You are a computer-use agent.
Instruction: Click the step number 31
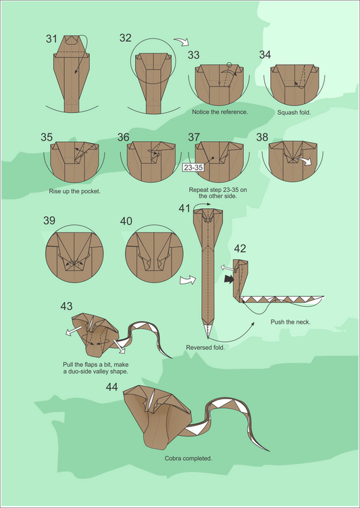click(x=51, y=39)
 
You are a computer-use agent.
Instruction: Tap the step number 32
click(x=126, y=38)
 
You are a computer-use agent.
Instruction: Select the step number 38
click(x=262, y=137)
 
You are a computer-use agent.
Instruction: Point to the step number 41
click(x=184, y=208)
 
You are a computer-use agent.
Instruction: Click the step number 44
click(x=112, y=387)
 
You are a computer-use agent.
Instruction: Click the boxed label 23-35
click(x=193, y=168)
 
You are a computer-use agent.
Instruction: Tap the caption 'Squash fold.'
click(x=294, y=113)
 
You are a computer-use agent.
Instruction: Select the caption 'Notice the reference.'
click(x=220, y=111)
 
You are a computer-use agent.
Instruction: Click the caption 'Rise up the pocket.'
click(x=75, y=191)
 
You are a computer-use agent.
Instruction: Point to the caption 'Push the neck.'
click(x=290, y=322)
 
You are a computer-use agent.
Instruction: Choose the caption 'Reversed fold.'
click(x=205, y=348)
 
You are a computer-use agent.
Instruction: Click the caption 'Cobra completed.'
click(x=188, y=459)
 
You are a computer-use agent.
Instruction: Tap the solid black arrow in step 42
click(x=229, y=279)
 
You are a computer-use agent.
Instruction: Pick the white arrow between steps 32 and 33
click(x=182, y=42)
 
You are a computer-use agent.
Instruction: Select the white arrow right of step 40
click(x=188, y=280)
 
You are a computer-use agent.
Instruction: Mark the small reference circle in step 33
click(x=230, y=64)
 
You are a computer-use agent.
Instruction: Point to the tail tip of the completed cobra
click(x=269, y=451)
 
